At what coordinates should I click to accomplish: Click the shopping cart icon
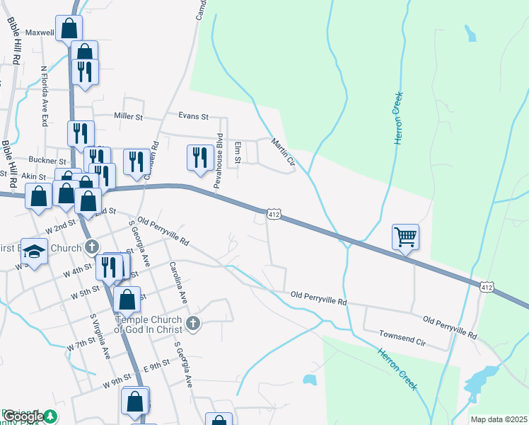tap(405, 237)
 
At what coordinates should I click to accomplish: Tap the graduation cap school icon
tap(34, 251)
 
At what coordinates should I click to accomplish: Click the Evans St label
tap(193, 116)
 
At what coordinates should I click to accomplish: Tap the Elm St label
tap(238, 152)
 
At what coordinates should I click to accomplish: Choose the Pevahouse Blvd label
tap(219, 161)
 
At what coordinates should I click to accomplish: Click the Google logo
tap(24, 416)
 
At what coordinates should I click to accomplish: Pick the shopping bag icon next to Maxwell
tap(69, 28)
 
